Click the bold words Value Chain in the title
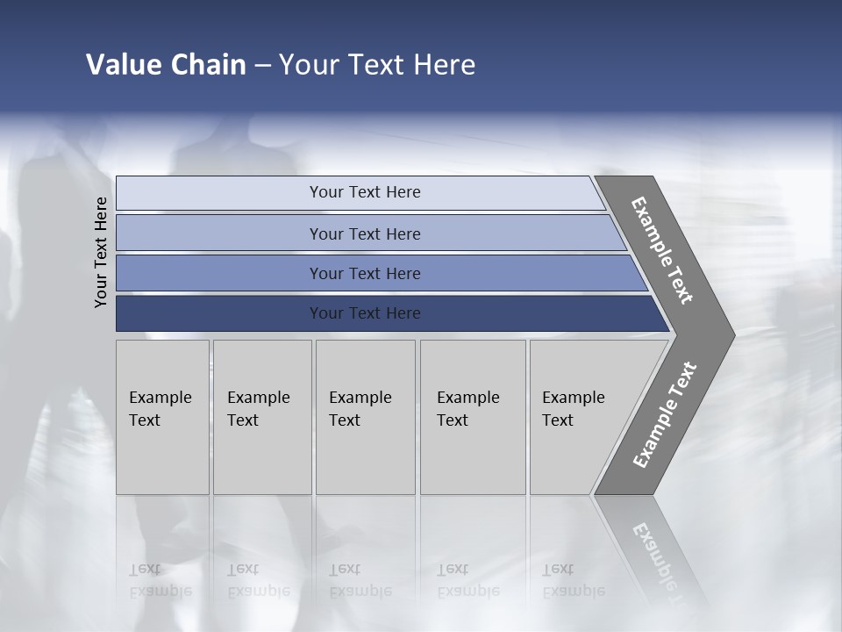[166, 65]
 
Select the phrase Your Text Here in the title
[377, 65]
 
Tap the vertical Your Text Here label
[101, 252]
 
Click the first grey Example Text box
[162, 417]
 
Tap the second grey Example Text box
[262, 417]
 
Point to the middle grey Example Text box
[365, 417]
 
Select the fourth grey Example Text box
[473, 417]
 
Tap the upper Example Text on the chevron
[662, 251]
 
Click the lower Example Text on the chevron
[665, 414]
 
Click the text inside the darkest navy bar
[365, 313]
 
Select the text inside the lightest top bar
[365, 192]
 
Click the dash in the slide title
[262, 66]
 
